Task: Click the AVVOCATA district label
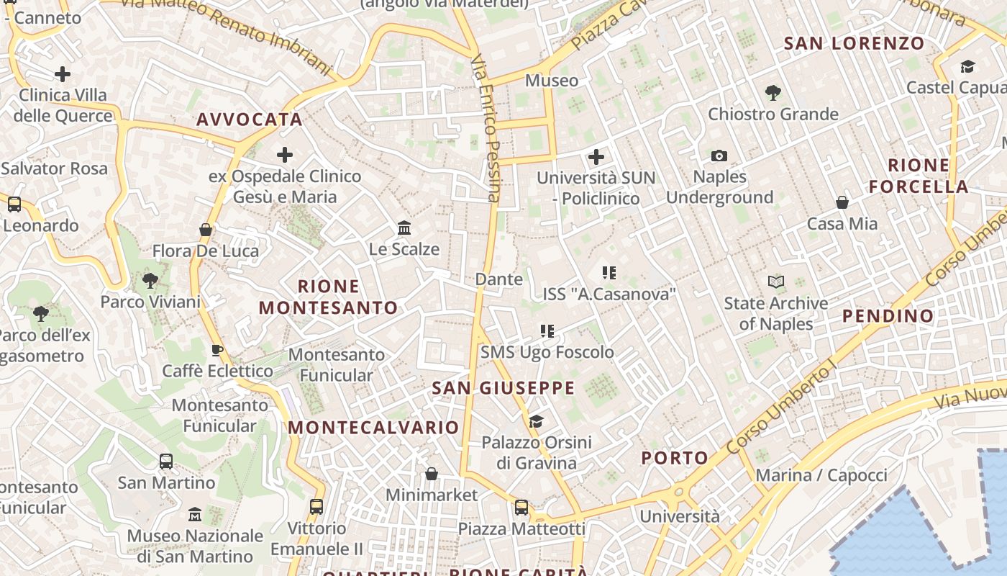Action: [x=250, y=120]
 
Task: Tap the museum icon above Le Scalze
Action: [x=404, y=228]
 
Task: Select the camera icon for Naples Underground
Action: [x=719, y=156]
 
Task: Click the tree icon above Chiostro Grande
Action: [x=773, y=92]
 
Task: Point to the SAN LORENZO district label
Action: [x=854, y=43]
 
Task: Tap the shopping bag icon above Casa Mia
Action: [x=842, y=202]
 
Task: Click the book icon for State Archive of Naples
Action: [x=775, y=282]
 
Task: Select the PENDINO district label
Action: [x=888, y=315]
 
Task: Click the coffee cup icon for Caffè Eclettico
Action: [x=217, y=350]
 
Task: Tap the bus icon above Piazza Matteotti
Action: [x=521, y=508]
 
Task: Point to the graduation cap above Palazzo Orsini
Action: [x=536, y=421]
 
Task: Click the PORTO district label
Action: [x=675, y=458]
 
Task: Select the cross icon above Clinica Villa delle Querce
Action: [x=63, y=73]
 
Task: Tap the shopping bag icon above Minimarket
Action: [x=432, y=473]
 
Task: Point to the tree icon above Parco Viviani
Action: [x=150, y=280]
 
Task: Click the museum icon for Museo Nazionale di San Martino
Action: [x=195, y=515]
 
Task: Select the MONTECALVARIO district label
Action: [x=373, y=427]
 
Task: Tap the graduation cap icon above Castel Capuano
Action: [x=967, y=67]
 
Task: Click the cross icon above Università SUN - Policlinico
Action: [x=596, y=156]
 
